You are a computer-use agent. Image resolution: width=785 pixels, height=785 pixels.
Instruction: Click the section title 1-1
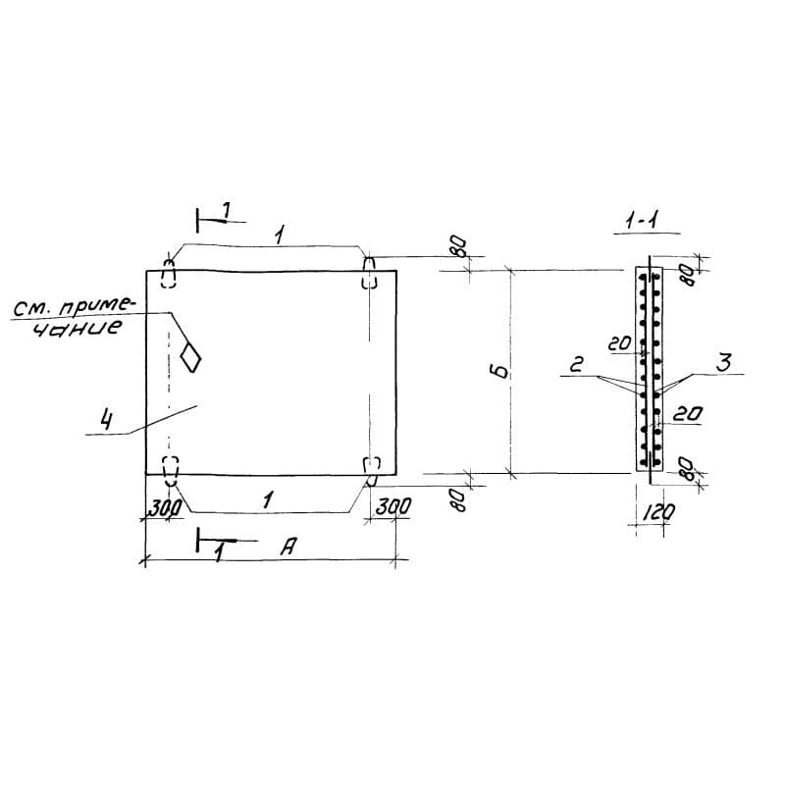[x=644, y=220]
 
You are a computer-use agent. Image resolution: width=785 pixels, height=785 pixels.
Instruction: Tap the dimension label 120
[x=657, y=512]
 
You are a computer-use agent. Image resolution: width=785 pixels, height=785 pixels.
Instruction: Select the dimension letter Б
[x=500, y=372]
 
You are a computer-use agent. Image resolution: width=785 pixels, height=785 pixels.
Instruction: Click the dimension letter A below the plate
[x=289, y=547]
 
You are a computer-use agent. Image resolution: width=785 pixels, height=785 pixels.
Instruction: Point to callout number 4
[x=105, y=419]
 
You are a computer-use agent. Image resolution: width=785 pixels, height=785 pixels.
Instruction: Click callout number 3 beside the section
[x=723, y=362]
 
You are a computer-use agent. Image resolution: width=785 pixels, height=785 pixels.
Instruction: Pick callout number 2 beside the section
[x=577, y=363]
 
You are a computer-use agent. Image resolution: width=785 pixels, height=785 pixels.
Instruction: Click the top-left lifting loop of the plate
[x=169, y=274]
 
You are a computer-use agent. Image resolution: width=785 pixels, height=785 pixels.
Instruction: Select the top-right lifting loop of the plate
[x=369, y=273]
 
